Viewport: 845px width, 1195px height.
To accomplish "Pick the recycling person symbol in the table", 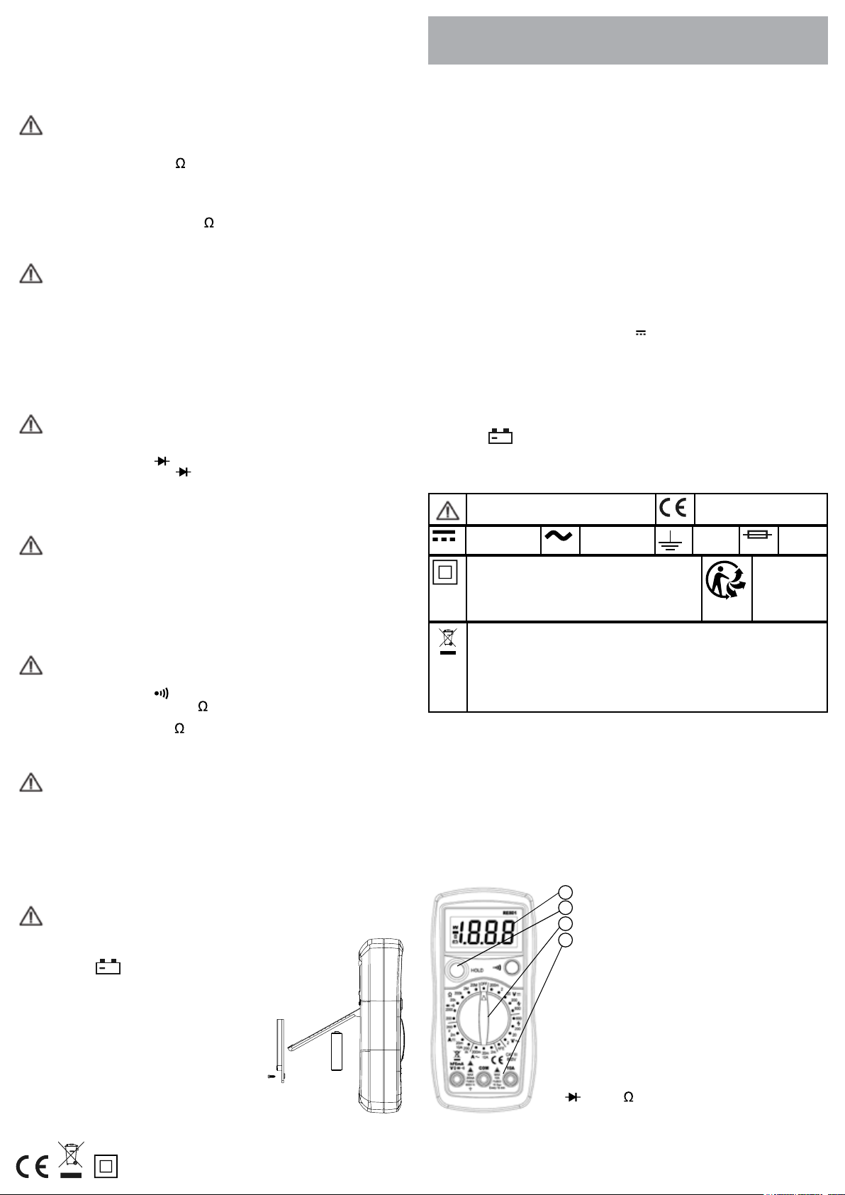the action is tap(726, 588).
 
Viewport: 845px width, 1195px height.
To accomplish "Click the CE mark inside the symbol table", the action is tap(673, 508).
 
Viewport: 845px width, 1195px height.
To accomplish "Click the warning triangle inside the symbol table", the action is tap(447, 511).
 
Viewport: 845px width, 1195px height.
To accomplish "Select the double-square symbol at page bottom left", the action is tap(106, 1167).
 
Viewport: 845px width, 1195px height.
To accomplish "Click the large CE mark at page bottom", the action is tap(33, 1167).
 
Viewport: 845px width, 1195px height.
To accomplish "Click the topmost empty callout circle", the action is tap(565, 891).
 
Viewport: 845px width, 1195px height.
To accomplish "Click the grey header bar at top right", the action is tap(627, 40).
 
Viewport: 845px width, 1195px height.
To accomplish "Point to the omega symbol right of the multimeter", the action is tap(628, 1097).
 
